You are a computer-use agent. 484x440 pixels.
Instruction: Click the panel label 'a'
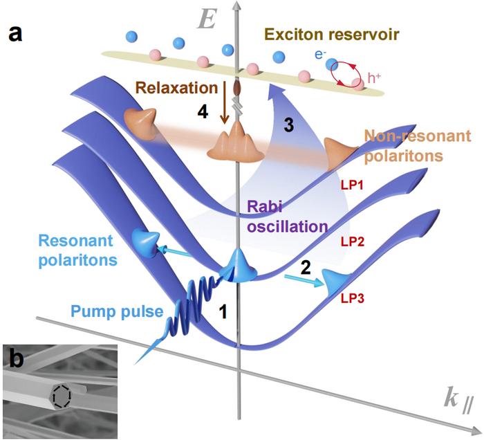tap(15, 34)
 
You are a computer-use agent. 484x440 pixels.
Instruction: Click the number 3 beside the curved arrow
tap(283, 125)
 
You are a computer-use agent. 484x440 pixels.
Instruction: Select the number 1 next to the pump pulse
tap(223, 313)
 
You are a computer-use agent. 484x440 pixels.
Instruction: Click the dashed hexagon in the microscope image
tap(62, 396)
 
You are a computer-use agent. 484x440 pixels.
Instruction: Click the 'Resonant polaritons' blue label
tap(66, 248)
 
